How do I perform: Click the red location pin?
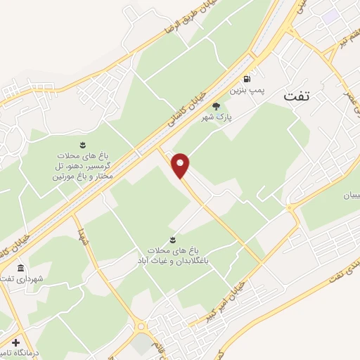[181, 166]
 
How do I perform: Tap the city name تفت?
[297, 96]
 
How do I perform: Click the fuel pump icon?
[246, 79]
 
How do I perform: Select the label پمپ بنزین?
[245, 91]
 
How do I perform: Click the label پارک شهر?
[214, 117]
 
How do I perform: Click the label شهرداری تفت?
[21, 280]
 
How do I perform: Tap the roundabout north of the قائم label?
[142, 326]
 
